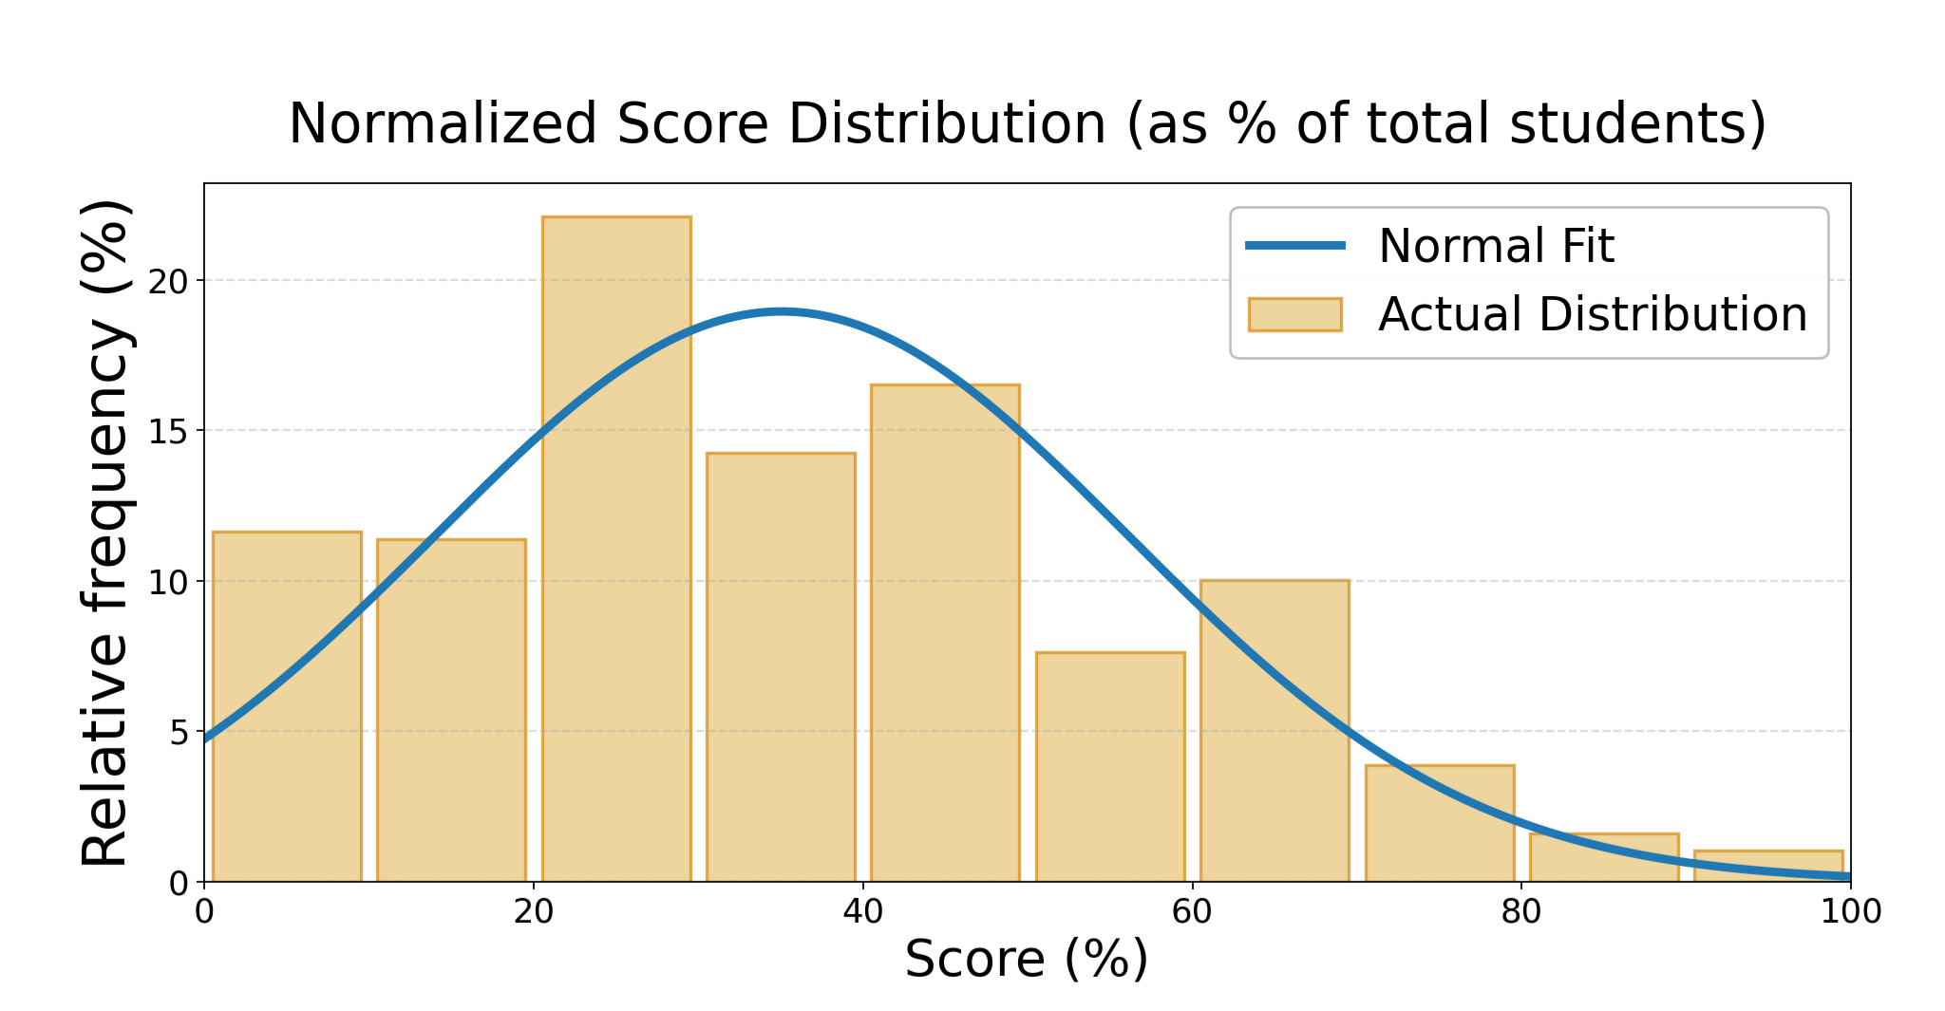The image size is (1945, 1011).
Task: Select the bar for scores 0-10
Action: pyautogui.click(x=287, y=706)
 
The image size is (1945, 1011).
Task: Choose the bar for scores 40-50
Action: pyautogui.click(x=945, y=633)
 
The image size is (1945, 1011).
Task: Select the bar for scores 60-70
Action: pyautogui.click(x=1275, y=731)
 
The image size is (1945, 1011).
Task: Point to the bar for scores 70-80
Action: pyautogui.click(x=1440, y=824)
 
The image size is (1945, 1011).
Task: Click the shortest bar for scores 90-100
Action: pyautogui.click(x=1768, y=868)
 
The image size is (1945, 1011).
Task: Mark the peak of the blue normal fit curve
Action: pyautogui.click(x=781, y=311)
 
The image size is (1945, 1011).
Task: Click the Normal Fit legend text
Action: pyautogui.click(x=1496, y=246)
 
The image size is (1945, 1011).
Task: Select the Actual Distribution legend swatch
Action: pyautogui.click(x=1294, y=314)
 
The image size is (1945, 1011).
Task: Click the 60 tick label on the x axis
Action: pyautogui.click(x=1192, y=912)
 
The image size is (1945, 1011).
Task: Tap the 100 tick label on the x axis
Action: pyautogui.click(x=1850, y=912)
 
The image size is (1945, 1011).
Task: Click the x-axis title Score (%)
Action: pyautogui.click(x=1027, y=960)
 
